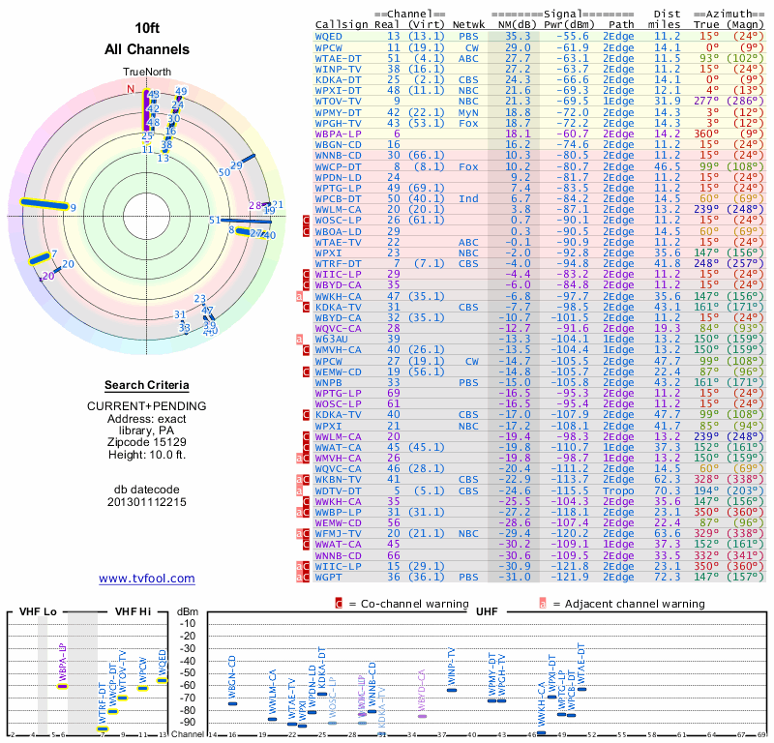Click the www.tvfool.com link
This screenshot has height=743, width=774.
[146, 579]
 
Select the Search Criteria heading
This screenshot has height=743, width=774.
[146, 385]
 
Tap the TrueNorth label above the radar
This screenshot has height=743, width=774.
[146, 73]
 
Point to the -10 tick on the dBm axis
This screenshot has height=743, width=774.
[188, 623]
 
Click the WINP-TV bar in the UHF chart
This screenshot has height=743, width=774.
[452, 689]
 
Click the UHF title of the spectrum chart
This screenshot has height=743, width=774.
[487, 612]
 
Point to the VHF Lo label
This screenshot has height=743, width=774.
[39, 612]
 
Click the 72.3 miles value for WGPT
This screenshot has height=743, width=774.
[667, 577]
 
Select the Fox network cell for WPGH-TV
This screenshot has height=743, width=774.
[469, 123]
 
